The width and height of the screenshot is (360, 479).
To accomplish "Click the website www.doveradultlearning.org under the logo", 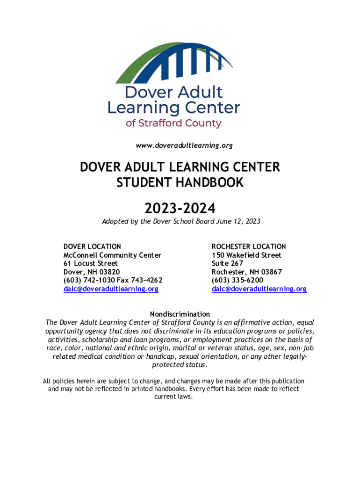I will pos(184,146).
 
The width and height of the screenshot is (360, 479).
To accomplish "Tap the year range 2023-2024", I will pos(180,207).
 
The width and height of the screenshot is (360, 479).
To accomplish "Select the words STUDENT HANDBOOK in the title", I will pos(180,182).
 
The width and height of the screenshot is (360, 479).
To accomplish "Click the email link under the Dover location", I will pos(111,289).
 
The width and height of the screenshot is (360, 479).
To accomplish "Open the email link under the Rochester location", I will pos(259,289).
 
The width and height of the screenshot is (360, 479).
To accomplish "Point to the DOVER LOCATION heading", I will pos(92,247).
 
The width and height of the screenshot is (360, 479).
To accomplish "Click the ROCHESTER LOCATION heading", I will pos(249,247).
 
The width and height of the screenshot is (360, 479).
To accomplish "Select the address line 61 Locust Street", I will pos(91,263).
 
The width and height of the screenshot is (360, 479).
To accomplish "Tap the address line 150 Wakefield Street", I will pos(246,255).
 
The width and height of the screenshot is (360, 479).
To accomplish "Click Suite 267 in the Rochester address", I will pos(227,263).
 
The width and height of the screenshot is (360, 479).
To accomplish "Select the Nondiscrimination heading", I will pos(180,314).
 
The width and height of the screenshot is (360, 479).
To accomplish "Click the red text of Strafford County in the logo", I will pos(173,123).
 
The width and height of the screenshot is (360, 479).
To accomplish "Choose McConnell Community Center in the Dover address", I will pos(112,255).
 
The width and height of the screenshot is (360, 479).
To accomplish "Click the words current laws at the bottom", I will pos(173,397).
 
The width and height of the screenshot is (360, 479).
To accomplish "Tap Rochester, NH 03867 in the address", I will pos(247,272).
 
